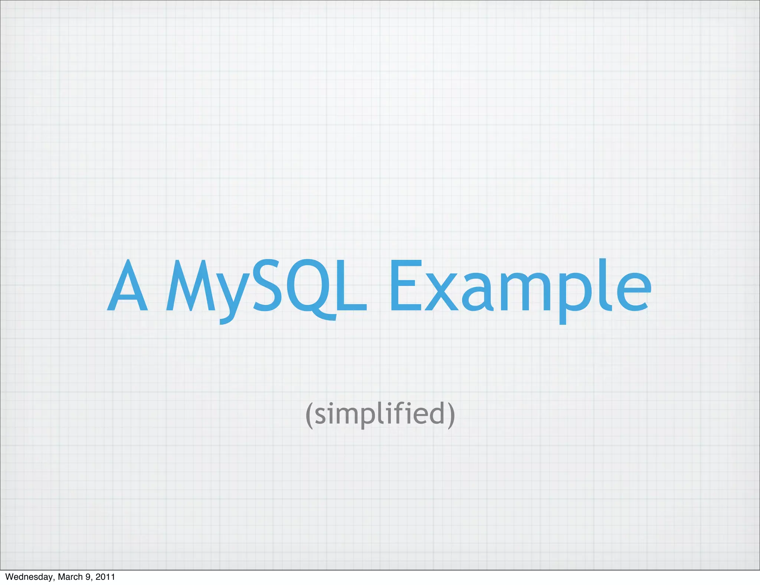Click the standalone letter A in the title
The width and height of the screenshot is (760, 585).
point(127,286)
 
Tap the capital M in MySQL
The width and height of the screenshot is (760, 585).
point(190,286)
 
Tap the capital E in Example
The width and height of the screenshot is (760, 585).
point(405,286)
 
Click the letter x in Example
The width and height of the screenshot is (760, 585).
point(442,293)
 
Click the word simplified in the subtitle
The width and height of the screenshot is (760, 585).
point(380,414)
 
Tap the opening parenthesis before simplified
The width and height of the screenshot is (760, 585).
point(309,415)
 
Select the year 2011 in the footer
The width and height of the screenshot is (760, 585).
point(105,577)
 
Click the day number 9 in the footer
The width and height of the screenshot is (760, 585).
point(88,577)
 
